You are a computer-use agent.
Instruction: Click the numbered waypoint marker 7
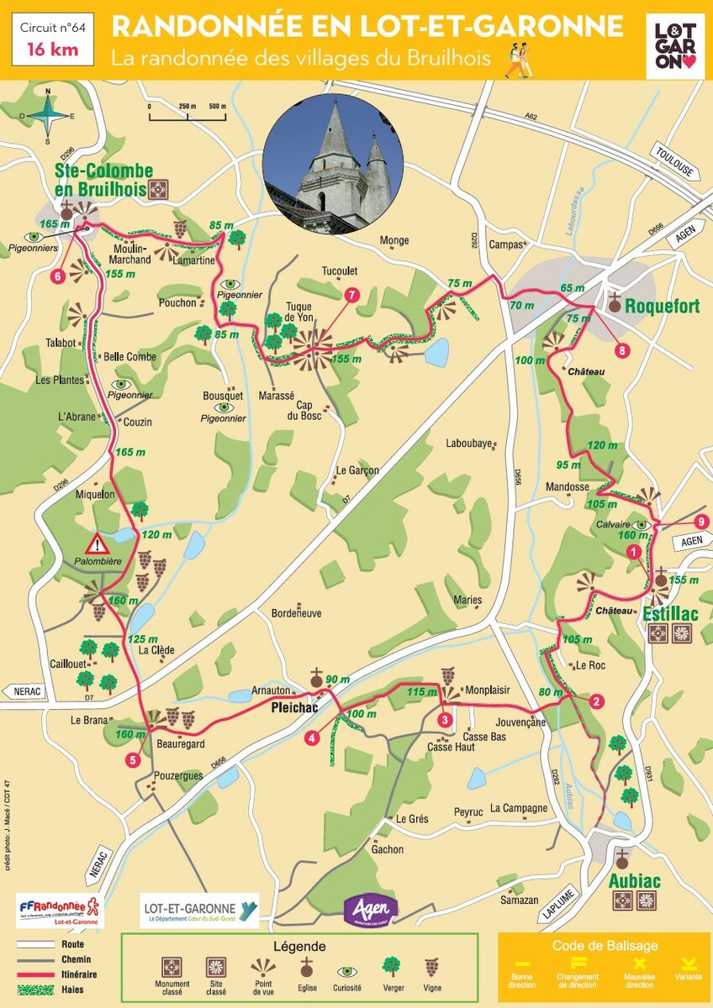point(351,294)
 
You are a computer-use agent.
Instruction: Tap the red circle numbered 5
point(133,760)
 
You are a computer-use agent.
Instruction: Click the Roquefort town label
point(662,307)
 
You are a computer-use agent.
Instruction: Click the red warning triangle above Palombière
point(99,542)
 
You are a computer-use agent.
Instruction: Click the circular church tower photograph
point(333,165)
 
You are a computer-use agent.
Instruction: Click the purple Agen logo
point(370,908)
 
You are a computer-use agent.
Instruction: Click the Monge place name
point(393,240)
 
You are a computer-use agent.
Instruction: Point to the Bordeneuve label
point(296,613)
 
